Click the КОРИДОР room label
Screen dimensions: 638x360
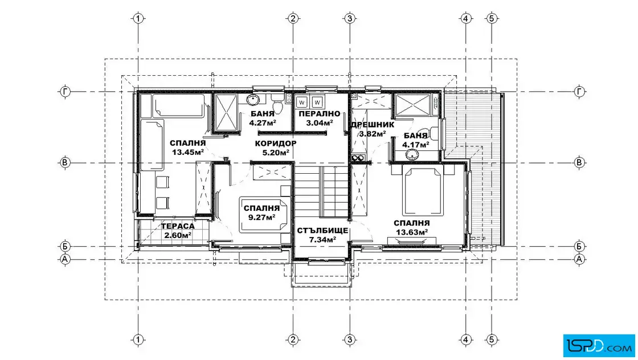[x=276, y=143]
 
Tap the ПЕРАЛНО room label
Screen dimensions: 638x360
[x=320, y=114]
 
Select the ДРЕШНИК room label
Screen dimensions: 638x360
[x=373, y=125]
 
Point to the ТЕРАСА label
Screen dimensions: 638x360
[x=178, y=226]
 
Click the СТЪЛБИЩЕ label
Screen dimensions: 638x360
[x=322, y=231]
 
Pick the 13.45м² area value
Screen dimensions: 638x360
[x=187, y=153]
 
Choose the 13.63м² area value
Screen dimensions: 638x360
[x=412, y=232]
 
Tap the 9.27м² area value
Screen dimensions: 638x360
[x=261, y=217]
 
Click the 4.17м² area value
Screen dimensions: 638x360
[x=415, y=145]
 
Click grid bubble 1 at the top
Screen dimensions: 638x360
[x=138, y=18]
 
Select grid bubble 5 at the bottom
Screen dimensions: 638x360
[x=492, y=339]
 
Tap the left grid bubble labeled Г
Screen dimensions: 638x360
[x=65, y=92]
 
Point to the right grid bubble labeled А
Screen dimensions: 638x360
[x=579, y=259]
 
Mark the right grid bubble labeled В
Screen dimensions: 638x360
[x=579, y=163]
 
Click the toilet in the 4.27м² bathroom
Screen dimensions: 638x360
[x=277, y=104]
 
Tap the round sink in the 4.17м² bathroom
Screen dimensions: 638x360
[x=412, y=154]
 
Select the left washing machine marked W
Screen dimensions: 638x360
[x=301, y=102]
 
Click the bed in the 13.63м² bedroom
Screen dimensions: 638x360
[x=422, y=190]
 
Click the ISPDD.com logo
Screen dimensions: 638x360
[x=599, y=346]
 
